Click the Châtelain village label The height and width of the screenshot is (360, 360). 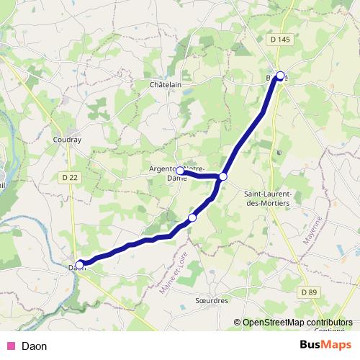(x=164, y=84)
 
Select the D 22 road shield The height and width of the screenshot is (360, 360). (x=70, y=177)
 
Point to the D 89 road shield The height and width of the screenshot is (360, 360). (x=309, y=292)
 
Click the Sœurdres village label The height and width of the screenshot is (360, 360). (x=211, y=300)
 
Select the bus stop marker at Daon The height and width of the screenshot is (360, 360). (x=80, y=264)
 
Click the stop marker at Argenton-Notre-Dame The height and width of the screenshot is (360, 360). (x=179, y=171)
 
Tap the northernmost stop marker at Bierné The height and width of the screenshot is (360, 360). (x=280, y=75)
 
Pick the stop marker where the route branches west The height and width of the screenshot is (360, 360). (x=223, y=176)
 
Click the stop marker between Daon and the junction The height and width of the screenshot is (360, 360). (x=192, y=217)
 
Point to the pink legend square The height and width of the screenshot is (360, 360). (x=11, y=346)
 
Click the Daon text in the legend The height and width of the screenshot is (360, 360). (x=35, y=346)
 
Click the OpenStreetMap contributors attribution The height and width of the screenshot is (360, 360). (x=298, y=323)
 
